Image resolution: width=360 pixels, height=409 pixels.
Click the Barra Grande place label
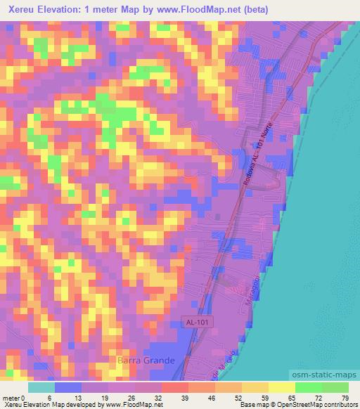pos(145,360)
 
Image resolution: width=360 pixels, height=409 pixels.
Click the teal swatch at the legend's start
pos(41,387)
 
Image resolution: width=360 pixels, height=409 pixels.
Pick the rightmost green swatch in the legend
pos(335,387)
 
